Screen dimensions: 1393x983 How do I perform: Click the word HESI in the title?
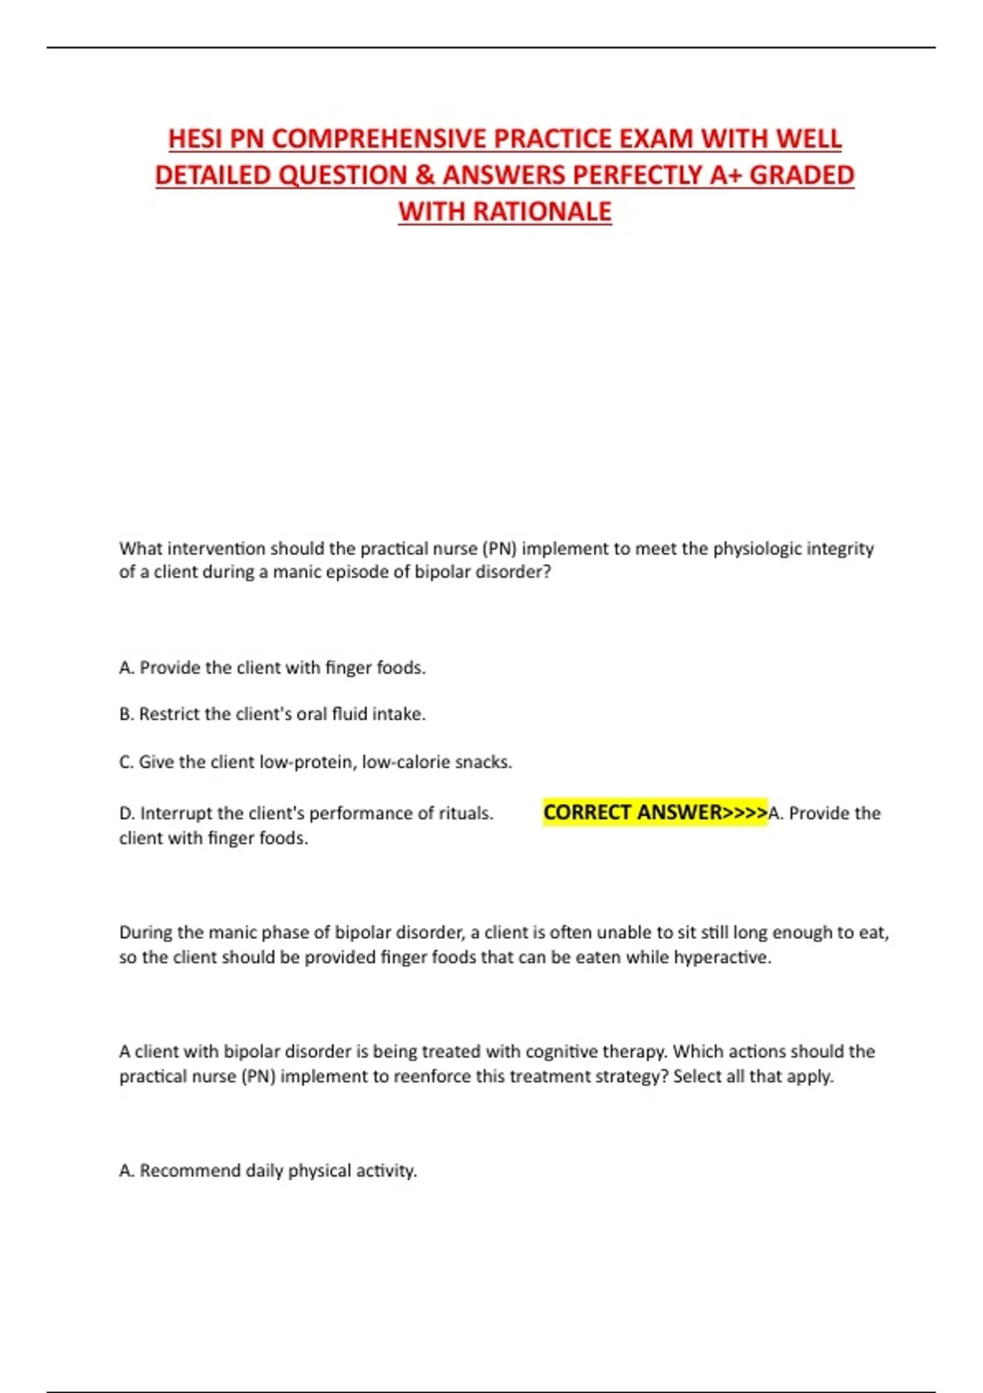tap(195, 138)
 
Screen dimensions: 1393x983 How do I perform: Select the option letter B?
tap(125, 715)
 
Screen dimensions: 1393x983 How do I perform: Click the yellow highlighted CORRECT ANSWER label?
tap(655, 813)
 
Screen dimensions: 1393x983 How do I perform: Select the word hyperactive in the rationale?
tap(722, 957)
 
